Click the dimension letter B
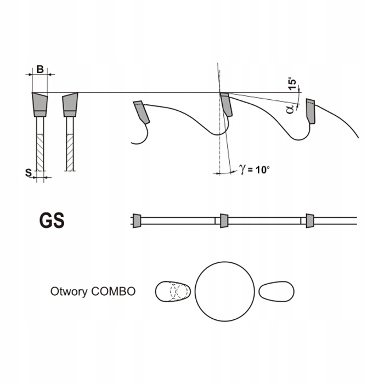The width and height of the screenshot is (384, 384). [40, 69]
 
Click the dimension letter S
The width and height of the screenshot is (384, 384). [29, 172]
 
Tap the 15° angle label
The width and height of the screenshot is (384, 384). [292, 83]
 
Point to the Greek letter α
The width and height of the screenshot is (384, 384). [290, 109]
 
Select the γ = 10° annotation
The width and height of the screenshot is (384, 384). [254, 169]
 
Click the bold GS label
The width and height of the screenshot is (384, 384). [52, 221]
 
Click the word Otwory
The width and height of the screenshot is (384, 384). [69, 292]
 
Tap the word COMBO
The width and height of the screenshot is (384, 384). [113, 291]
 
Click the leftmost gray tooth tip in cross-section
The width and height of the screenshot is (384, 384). [39, 105]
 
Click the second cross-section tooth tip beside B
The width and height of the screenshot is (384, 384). [70, 105]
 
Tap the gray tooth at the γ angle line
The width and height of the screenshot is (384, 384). [226, 104]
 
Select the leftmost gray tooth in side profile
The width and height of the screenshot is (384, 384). [142, 112]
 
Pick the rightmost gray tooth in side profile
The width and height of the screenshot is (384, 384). [310, 111]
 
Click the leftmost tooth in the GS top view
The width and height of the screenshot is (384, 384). [137, 221]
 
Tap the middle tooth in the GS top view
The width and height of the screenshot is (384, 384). [224, 221]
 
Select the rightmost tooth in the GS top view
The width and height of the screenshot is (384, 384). [310, 221]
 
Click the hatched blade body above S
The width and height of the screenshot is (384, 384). [40, 152]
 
